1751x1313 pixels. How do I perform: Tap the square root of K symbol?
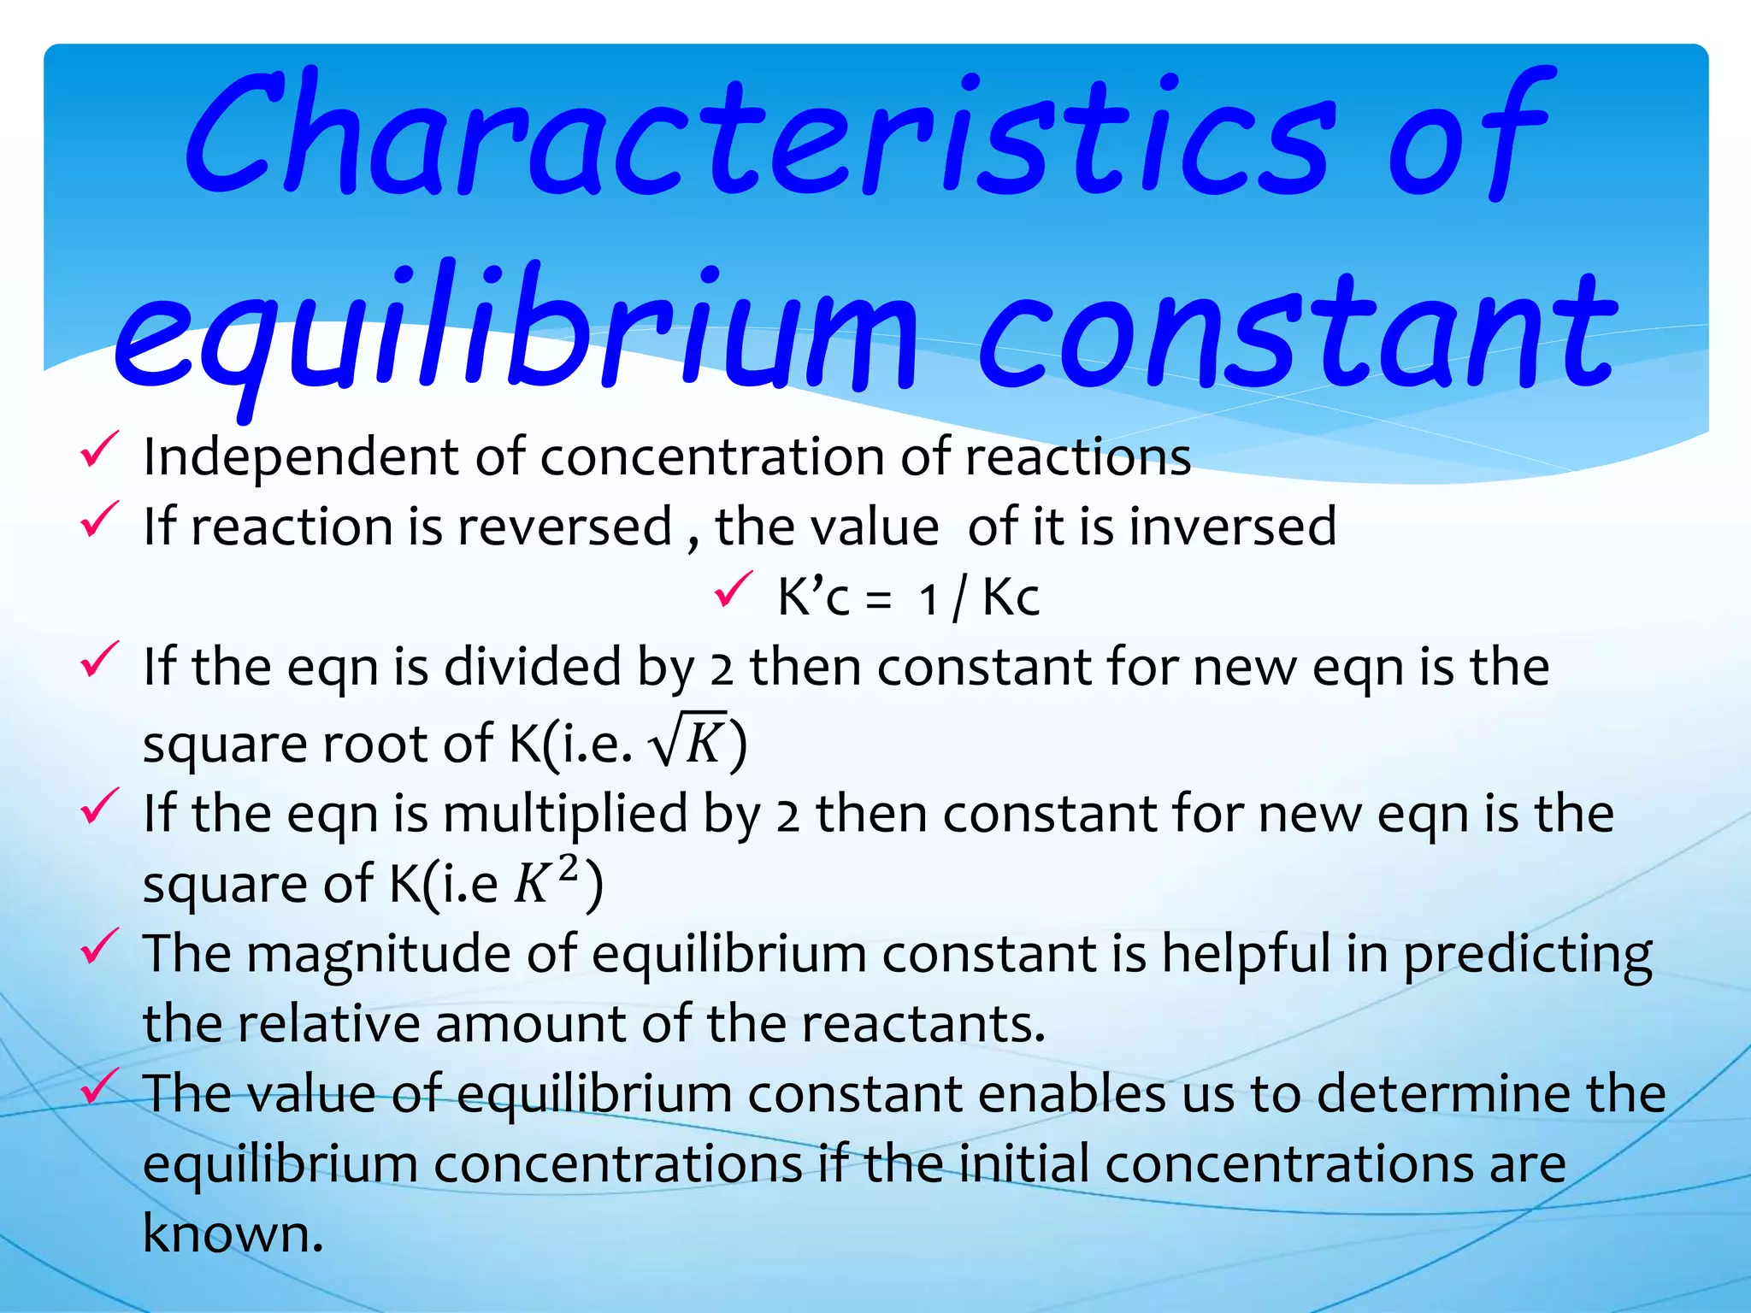point(688,740)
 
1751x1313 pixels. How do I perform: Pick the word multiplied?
point(565,813)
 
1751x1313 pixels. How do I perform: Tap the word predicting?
point(1527,954)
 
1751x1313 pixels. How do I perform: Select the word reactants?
point(923,1023)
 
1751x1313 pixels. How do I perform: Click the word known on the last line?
point(232,1234)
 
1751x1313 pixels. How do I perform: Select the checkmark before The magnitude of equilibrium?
point(99,946)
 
